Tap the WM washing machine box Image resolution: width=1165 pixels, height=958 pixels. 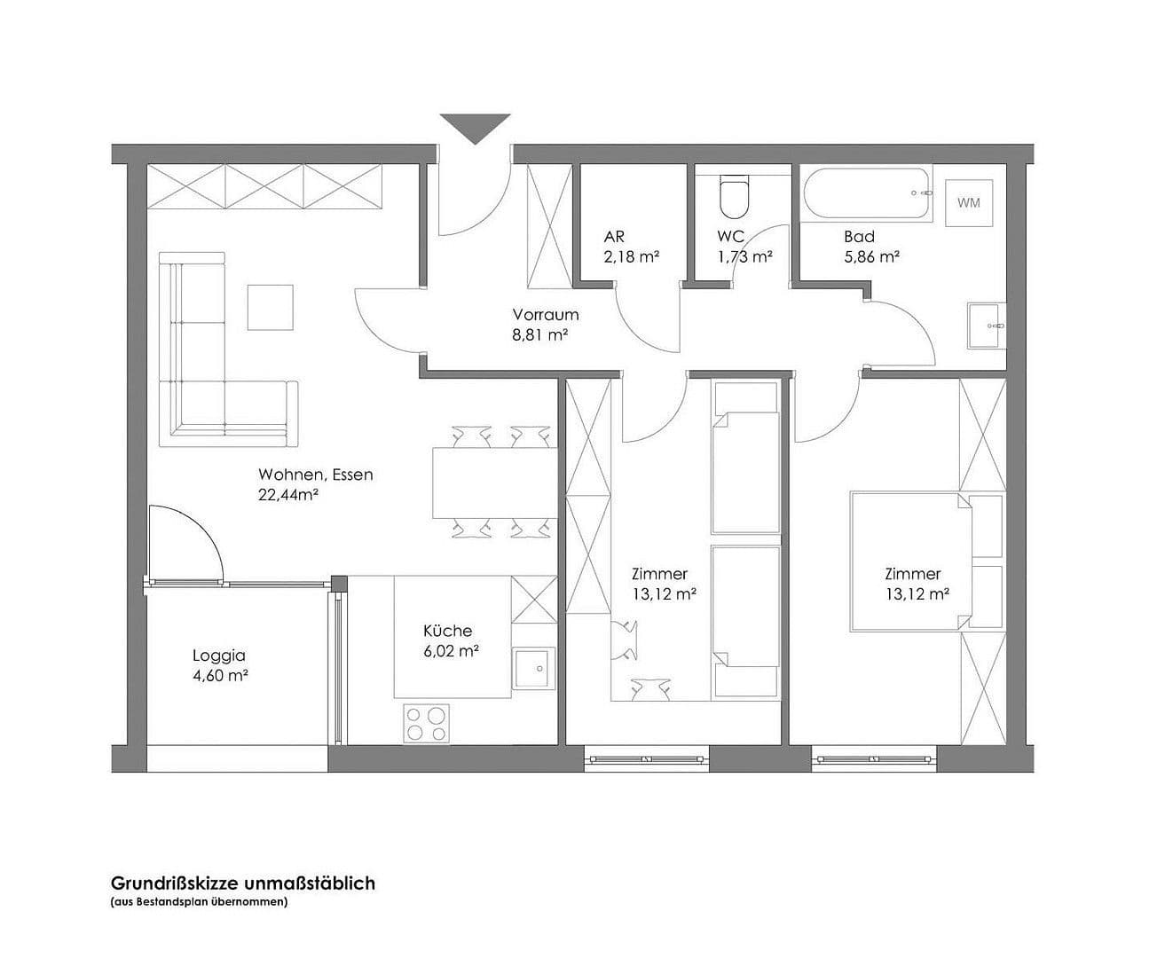coord(969,202)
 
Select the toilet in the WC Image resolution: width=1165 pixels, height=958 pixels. coord(735,198)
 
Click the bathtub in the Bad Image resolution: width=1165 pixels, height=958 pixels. coord(869,193)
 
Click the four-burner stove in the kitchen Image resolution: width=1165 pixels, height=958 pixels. coord(426,722)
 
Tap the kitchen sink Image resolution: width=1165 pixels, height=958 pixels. coord(533,667)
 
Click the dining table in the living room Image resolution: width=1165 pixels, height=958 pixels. coord(494,483)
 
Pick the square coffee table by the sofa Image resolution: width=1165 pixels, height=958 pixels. coord(270,307)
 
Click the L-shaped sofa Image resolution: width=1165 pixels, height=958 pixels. coord(213,373)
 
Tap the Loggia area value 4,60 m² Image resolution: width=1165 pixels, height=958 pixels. coord(219,676)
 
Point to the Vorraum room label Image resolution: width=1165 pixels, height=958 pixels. coord(545,314)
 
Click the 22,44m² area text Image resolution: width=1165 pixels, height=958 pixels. coord(288,495)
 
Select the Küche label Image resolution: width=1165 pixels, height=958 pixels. coord(447,631)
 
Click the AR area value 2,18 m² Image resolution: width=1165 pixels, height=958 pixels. coord(631,256)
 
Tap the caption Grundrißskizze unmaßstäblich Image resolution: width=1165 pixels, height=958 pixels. coord(242,883)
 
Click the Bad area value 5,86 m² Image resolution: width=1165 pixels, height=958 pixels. coord(871,256)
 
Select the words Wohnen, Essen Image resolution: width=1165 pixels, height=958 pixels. coord(316,475)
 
